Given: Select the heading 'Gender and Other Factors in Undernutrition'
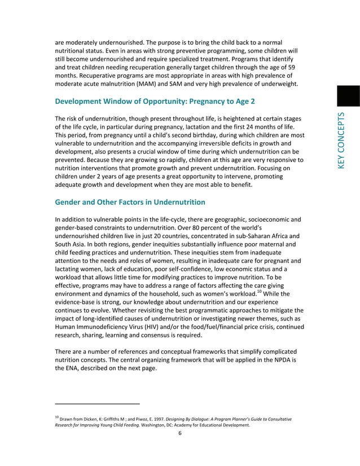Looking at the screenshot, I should [x=130, y=202].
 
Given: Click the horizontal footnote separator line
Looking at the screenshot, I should [x=97, y=404].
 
